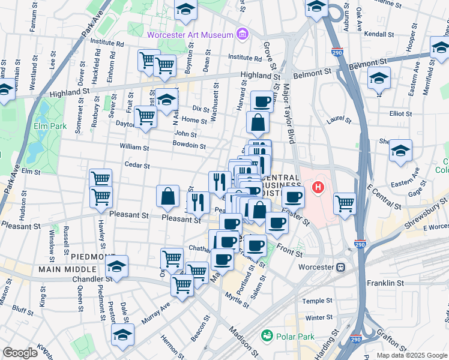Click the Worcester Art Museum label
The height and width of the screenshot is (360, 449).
[x=190, y=35]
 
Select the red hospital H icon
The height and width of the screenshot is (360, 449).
[x=319, y=187]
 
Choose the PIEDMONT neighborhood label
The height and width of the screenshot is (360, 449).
[x=89, y=256]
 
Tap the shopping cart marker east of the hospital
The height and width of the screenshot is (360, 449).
[x=345, y=203]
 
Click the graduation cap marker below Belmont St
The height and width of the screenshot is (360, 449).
[x=378, y=79]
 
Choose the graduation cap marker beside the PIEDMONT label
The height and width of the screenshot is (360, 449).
[x=117, y=265]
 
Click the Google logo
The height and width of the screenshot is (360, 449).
[x=20, y=353]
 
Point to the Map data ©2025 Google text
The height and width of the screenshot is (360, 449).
[x=411, y=355]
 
